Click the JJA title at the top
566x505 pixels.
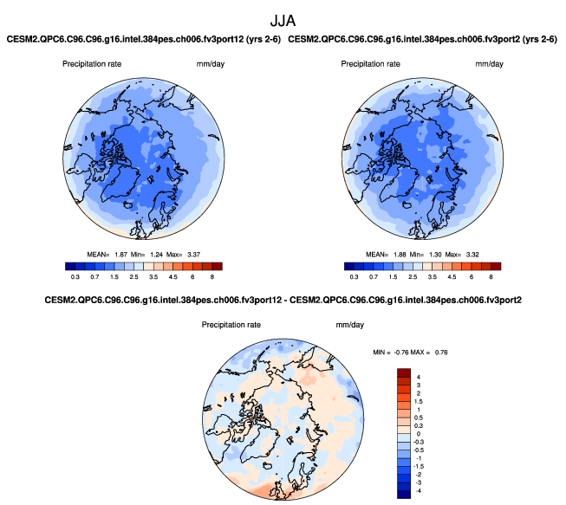pos(283,18)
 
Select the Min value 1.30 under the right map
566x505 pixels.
pos(439,254)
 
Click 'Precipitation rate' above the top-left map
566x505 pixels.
pos(93,65)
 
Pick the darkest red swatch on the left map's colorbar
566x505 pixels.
pos(217,267)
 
